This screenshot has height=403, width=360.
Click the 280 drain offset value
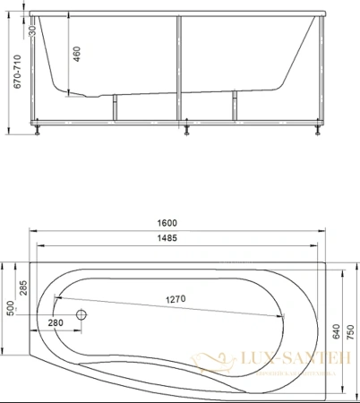(55, 322)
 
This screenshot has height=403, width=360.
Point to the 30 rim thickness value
(33, 30)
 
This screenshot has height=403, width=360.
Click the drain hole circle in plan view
(82, 315)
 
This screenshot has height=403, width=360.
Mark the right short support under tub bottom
(236, 105)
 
